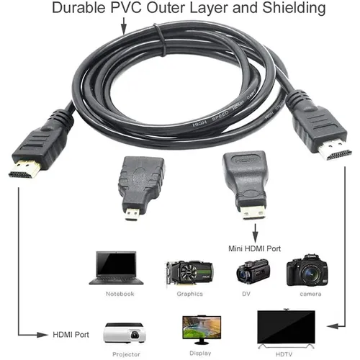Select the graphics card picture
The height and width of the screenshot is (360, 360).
click(x=189, y=274)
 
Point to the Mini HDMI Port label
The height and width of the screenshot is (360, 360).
click(x=255, y=248)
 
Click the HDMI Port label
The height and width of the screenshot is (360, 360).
click(x=71, y=335)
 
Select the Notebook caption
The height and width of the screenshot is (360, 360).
click(x=119, y=294)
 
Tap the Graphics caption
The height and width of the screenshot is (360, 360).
click(x=189, y=294)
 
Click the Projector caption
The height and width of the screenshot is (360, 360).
click(x=126, y=354)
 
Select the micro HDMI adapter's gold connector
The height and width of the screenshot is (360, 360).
click(x=132, y=215)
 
